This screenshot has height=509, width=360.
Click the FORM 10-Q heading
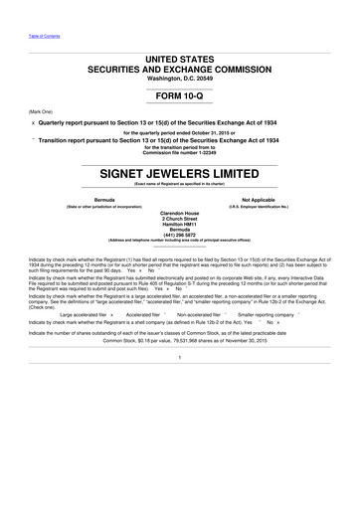click(179, 99)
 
